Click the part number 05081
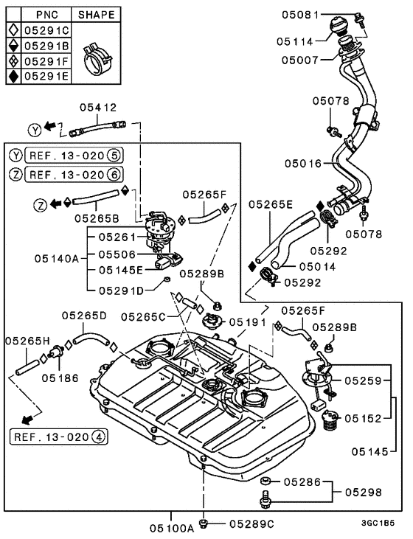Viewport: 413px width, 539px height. (301, 15)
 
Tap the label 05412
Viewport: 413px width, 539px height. (98, 107)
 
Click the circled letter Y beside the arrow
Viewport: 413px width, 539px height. (35, 130)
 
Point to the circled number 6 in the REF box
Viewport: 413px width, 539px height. (114, 175)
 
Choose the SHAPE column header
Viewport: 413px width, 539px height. (97, 15)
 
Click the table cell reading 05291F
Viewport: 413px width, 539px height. (46, 61)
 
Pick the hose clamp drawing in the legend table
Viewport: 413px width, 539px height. (97, 58)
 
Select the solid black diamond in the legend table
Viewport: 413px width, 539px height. (14, 76)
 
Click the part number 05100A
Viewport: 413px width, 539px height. (172, 528)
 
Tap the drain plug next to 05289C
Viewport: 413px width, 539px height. (204, 524)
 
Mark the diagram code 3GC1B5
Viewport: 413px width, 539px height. (378, 524)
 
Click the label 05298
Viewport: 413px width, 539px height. (364, 493)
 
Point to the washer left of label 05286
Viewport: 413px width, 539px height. (265, 481)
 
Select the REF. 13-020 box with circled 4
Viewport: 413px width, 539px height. (59, 437)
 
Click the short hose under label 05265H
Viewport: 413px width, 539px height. (27, 367)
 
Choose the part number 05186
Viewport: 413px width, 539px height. (60, 378)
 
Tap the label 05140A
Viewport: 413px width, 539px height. (57, 258)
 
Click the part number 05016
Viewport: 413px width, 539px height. (303, 163)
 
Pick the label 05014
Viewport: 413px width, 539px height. (317, 266)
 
